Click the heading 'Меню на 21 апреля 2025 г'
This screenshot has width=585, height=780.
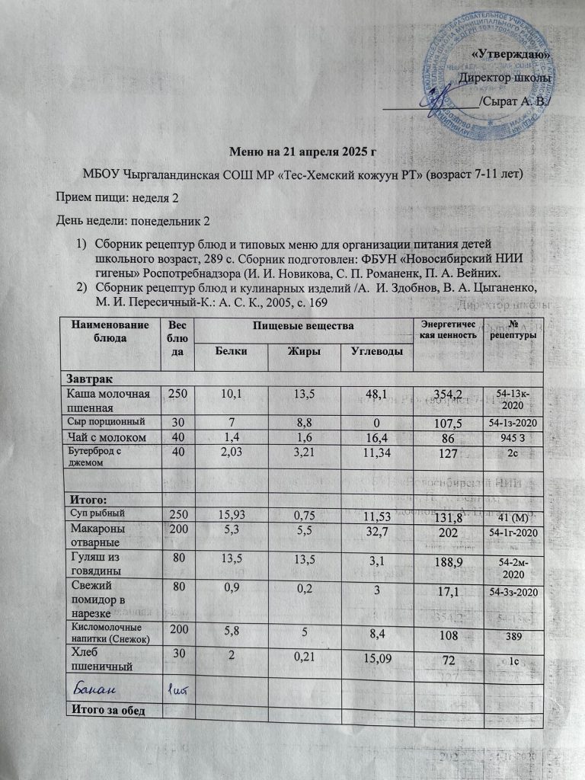pyautogui.click(x=292, y=151)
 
